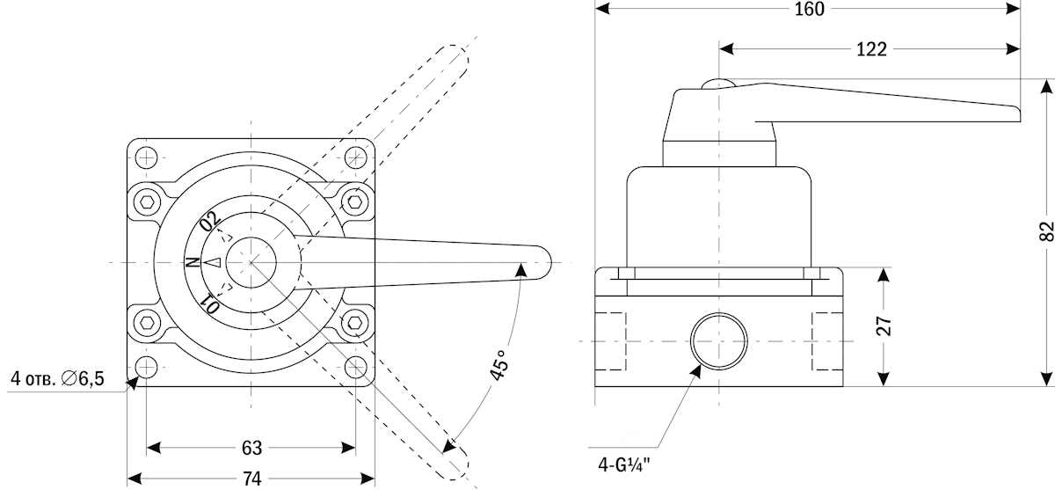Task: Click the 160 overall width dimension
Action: (809, 10)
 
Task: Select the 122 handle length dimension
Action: (870, 49)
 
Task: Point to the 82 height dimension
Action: (1044, 232)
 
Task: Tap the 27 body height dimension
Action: (884, 326)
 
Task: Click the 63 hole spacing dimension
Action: (251, 448)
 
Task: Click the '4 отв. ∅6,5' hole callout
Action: (57, 379)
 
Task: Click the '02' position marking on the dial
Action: (209, 222)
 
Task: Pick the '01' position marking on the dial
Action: (209, 304)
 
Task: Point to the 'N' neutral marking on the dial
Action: (191, 262)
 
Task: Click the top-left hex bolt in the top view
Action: (146, 202)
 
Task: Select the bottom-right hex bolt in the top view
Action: (354, 323)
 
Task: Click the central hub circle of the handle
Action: (251, 262)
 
